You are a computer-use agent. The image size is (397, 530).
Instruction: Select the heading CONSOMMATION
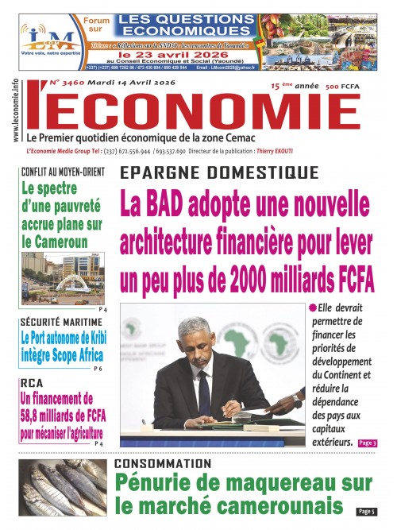point(163,463)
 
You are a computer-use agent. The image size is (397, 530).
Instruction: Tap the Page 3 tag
point(367,443)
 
